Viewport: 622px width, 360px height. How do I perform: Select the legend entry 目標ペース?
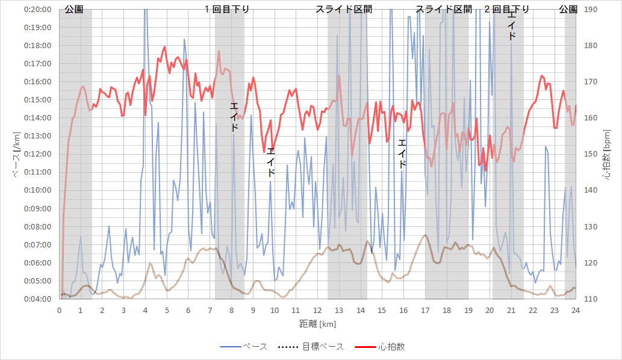pos(323,346)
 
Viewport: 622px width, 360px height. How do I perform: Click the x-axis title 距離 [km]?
pos(317,324)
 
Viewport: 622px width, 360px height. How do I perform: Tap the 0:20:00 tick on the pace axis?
pos(39,10)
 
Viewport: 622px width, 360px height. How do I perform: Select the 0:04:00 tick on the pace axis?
pos(39,299)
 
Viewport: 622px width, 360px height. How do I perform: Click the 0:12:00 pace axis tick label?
pos(39,154)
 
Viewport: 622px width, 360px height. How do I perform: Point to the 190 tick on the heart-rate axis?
pos(589,10)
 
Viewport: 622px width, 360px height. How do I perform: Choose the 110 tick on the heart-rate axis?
pos(589,299)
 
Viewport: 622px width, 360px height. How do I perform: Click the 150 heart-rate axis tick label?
pos(589,154)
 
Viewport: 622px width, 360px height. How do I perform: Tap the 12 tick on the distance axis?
pos(317,310)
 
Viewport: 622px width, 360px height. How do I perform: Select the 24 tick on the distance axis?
pos(576,310)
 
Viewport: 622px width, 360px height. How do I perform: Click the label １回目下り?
pos(227,10)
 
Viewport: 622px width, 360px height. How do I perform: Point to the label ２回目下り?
pos(507,10)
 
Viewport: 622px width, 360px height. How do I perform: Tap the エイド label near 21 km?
pos(512,27)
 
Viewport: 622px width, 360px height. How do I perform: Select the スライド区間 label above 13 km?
pos(344,10)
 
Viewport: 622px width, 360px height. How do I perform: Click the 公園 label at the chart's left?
pos(74,10)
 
